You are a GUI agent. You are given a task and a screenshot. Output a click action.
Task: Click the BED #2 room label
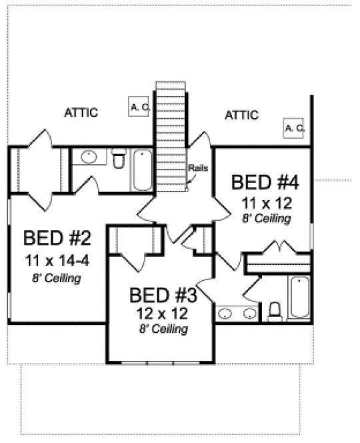[x=57, y=237]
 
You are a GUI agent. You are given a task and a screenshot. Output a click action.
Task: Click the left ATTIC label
[x=81, y=113]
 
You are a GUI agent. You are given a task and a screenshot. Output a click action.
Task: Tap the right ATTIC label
[x=241, y=115]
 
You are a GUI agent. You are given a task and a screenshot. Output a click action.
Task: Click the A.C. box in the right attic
[x=294, y=127]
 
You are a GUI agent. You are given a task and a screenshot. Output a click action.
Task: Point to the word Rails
[x=198, y=167]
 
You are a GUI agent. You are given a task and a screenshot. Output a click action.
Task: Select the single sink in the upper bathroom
[x=89, y=157]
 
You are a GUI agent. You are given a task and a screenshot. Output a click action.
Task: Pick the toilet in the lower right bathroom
[x=274, y=312]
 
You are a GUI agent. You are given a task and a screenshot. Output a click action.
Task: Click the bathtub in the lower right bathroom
[x=299, y=298]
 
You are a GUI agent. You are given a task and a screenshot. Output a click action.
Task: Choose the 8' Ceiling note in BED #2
[x=57, y=278]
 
